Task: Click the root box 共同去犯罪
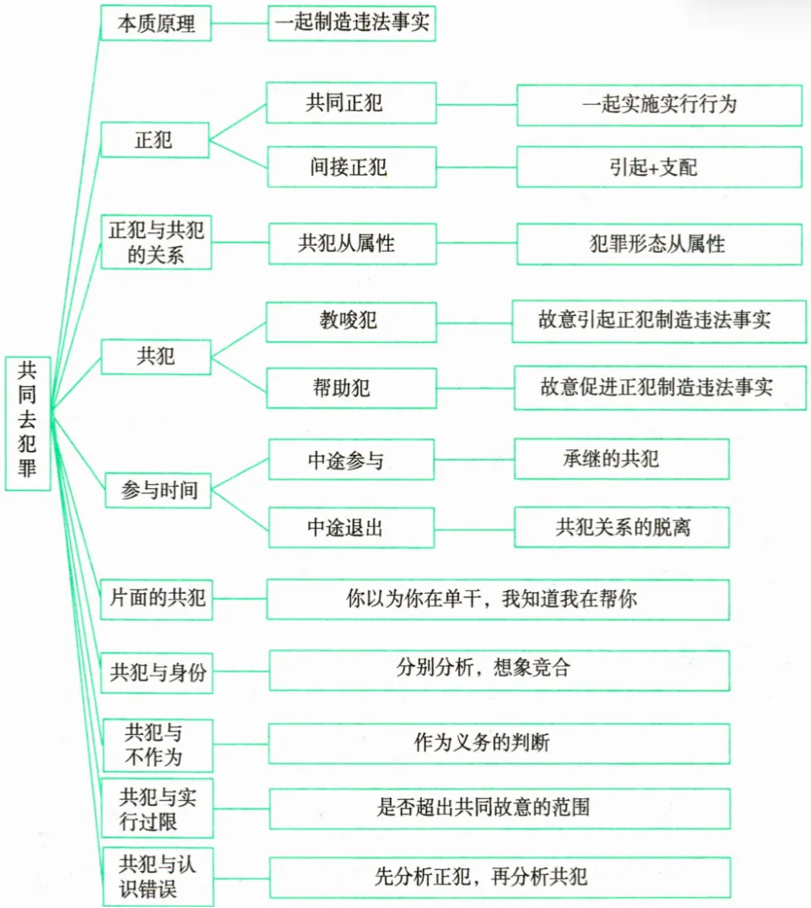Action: tap(28, 422)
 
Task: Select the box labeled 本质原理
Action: tap(156, 23)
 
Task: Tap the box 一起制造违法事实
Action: tap(351, 23)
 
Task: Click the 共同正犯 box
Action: tap(351, 103)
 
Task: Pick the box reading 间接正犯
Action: tap(351, 166)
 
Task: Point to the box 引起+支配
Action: tap(659, 166)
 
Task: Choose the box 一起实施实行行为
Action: tap(659, 103)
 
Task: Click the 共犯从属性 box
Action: tap(351, 244)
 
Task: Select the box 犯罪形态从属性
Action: tap(659, 244)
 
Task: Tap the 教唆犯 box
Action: tap(351, 321)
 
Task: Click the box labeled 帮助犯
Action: tap(351, 388)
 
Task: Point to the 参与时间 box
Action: tap(158, 490)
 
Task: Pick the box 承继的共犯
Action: tap(622, 459)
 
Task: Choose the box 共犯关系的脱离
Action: tap(622, 527)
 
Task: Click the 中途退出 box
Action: tap(351, 527)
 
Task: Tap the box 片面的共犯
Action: tap(156, 599)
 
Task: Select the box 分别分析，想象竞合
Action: tap(498, 669)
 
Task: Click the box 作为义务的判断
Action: tap(498, 742)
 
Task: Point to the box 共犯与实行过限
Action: tap(156, 808)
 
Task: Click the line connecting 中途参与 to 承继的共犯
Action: tap(474, 459)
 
